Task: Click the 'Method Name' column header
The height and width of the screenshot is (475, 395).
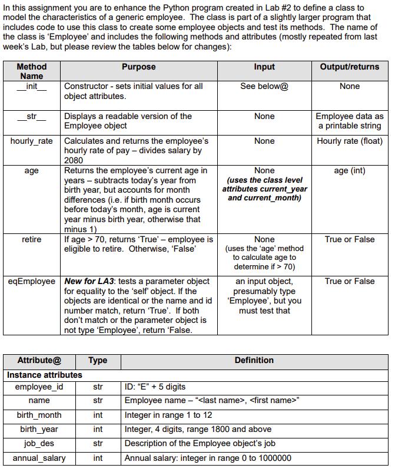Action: (32, 71)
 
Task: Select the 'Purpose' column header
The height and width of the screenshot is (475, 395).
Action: (139, 67)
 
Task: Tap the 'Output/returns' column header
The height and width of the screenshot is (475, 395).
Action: (350, 67)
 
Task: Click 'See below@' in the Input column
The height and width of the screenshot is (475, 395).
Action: (264, 86)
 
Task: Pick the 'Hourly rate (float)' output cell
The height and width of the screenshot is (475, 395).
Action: (350, 141)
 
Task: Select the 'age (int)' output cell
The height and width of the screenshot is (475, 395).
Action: (350, 170)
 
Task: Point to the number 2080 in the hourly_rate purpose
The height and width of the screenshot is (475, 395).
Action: (74, 160)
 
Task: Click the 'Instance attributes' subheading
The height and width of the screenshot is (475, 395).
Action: (45, 374)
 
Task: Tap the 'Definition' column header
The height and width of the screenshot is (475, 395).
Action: (254, 360)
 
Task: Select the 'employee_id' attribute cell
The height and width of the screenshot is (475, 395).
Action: (38, 387)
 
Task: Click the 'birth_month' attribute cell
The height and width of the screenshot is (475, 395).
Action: (38, 415)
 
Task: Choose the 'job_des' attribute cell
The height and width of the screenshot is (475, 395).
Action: (38, 443)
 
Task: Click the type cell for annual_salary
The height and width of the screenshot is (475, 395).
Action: (98, 458)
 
